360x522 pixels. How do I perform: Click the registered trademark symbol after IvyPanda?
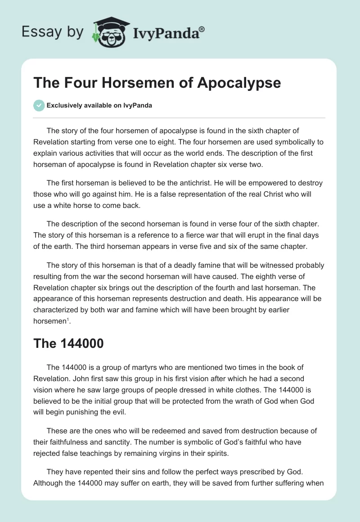(x=202, y=29)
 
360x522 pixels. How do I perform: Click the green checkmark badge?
(x=39, y=105)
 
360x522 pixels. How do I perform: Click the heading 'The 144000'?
(x=68, y=343)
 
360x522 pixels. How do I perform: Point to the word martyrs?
(x=139, y=368)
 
